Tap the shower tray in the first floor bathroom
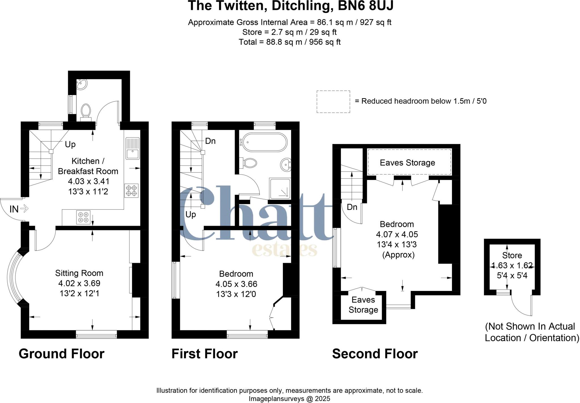pos(280,188)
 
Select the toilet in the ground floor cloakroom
pos(86,111)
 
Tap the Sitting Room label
pos(79,273)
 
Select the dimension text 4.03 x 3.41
pos(88,181)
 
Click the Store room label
pos(512,255)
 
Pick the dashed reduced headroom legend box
pos(333,102)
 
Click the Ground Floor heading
pos(61,354)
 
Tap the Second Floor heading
pos(375,354)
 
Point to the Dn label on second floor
pos(352,207)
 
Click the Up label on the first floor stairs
pos(191,215)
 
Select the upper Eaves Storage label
pos(407,163)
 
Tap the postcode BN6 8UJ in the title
pos(366,6)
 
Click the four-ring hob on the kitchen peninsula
pos(83,217)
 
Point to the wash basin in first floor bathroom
pos(285,164)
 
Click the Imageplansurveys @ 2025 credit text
pos(289,399)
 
